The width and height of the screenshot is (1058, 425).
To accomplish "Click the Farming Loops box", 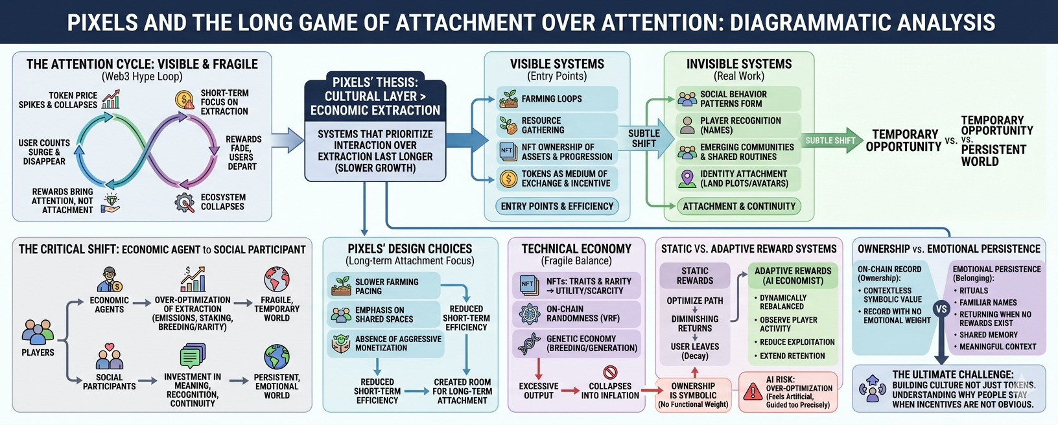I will click(557, 99).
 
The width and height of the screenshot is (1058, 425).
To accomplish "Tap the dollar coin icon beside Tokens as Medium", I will click(509, 178).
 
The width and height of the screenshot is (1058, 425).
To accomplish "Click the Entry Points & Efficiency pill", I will click(557, 206).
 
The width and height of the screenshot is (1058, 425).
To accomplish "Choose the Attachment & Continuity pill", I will click(738, 206).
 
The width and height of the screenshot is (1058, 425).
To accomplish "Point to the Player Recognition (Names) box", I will click(738, 126).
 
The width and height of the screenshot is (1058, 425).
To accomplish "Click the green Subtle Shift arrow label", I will click(830, 141).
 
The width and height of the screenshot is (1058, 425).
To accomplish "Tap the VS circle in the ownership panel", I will click(941, 309).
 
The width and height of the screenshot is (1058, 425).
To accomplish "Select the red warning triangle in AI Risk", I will click(753, 391).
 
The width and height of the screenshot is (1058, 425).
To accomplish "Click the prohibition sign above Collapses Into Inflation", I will click(610, 372).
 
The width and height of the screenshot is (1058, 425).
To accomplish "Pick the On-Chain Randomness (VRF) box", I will click(576, 314).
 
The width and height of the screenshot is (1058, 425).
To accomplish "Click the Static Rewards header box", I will click(694, 276).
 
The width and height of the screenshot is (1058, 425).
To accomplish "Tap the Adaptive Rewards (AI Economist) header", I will click(792, 276).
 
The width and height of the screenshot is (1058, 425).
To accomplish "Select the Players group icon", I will click(38, 332).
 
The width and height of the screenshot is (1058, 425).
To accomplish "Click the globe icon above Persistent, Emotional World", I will click(277, 357).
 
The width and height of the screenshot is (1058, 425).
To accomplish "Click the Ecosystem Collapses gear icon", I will click(185, 202).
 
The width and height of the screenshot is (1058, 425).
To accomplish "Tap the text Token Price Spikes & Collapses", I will click(67, 100).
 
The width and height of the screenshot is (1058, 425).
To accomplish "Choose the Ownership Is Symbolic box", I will click(693, 395).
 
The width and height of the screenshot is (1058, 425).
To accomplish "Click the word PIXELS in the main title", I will click(102, 23).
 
